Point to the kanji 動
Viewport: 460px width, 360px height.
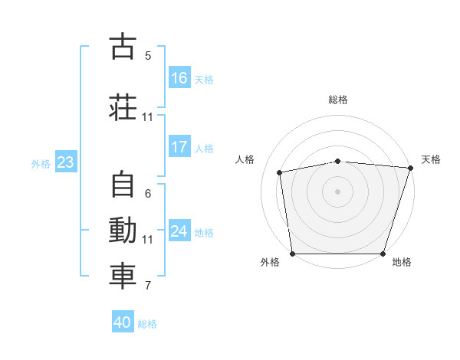point(123,231)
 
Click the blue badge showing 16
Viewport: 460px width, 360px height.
point(179,77)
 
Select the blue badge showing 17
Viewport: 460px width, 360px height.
point(179,147)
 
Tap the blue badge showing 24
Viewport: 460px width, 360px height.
point(179,231)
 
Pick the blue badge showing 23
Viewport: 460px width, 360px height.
point(65,162)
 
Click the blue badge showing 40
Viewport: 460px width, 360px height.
point(123,322)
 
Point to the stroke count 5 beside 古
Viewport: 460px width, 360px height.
point(148,55)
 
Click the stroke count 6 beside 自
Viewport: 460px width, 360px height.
point(148,194)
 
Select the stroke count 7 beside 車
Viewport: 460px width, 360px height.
point(148,286)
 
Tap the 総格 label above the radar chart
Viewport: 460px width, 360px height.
point(338,100)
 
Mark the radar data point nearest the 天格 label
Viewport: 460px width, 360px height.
point(411,169)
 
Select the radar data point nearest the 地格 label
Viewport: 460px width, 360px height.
point(383,254)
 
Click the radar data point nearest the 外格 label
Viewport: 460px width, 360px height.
point(292,254)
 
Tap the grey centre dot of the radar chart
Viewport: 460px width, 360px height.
point(338,191)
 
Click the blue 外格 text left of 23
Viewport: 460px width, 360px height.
point(41,163)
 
